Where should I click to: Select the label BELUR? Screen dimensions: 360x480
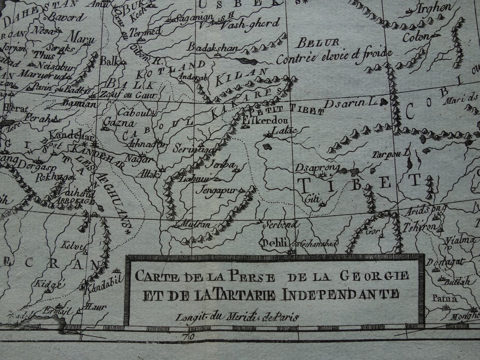[318, 42]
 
